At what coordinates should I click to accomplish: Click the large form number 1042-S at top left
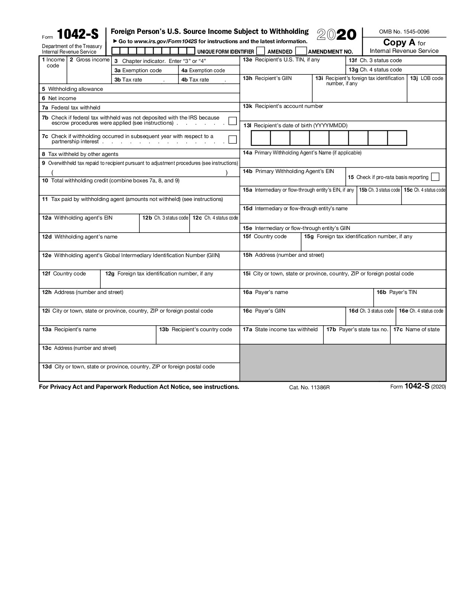78,35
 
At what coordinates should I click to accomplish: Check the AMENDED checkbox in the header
261,51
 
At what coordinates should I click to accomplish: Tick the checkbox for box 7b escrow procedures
232,121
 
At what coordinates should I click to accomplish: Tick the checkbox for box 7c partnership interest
232,140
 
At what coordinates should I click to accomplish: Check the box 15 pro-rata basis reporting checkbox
435,177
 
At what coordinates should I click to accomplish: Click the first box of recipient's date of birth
261,138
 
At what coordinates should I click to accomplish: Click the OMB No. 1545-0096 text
404,32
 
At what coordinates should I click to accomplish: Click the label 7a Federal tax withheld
71,108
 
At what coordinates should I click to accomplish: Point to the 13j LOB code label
426,78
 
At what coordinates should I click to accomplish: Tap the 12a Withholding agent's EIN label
77,218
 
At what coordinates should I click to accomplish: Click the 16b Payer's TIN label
397,292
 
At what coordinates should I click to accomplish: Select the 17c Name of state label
416,329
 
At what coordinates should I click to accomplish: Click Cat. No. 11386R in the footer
309,387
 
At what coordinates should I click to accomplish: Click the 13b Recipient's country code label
196,329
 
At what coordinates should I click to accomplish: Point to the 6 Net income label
59,98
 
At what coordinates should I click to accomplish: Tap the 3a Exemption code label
138,70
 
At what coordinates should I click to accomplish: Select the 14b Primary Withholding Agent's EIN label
288,171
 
